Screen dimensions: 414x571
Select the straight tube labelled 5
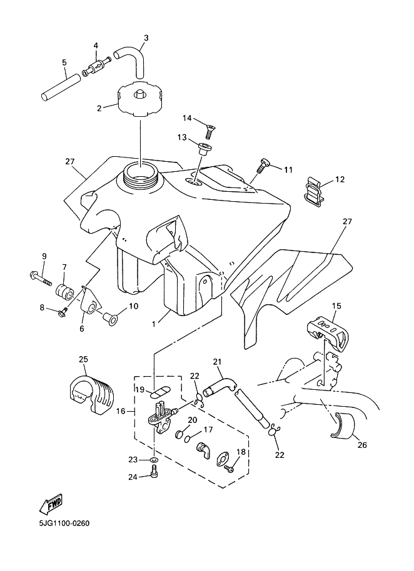60,87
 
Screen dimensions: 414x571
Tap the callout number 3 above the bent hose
146,38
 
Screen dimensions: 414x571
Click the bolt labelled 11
263,166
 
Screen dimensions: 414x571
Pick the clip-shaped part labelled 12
314,191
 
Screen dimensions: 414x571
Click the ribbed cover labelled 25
91,395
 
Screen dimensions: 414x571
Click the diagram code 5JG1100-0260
64,524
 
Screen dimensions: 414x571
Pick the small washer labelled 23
154,460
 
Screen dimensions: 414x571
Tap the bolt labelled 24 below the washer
154,472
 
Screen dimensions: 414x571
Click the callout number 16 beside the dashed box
121,411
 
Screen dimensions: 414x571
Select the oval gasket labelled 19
159,392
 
